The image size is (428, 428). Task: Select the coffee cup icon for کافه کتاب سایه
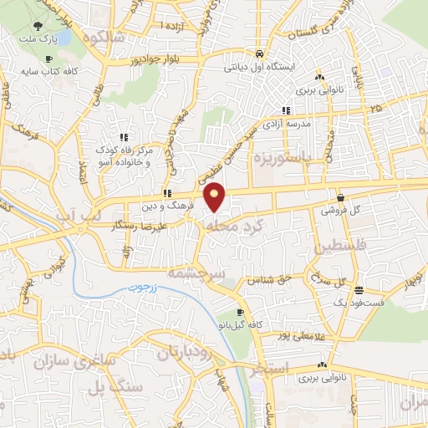click(x=48, y=59)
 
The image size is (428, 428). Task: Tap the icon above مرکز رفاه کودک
click(x=124, y=136)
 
